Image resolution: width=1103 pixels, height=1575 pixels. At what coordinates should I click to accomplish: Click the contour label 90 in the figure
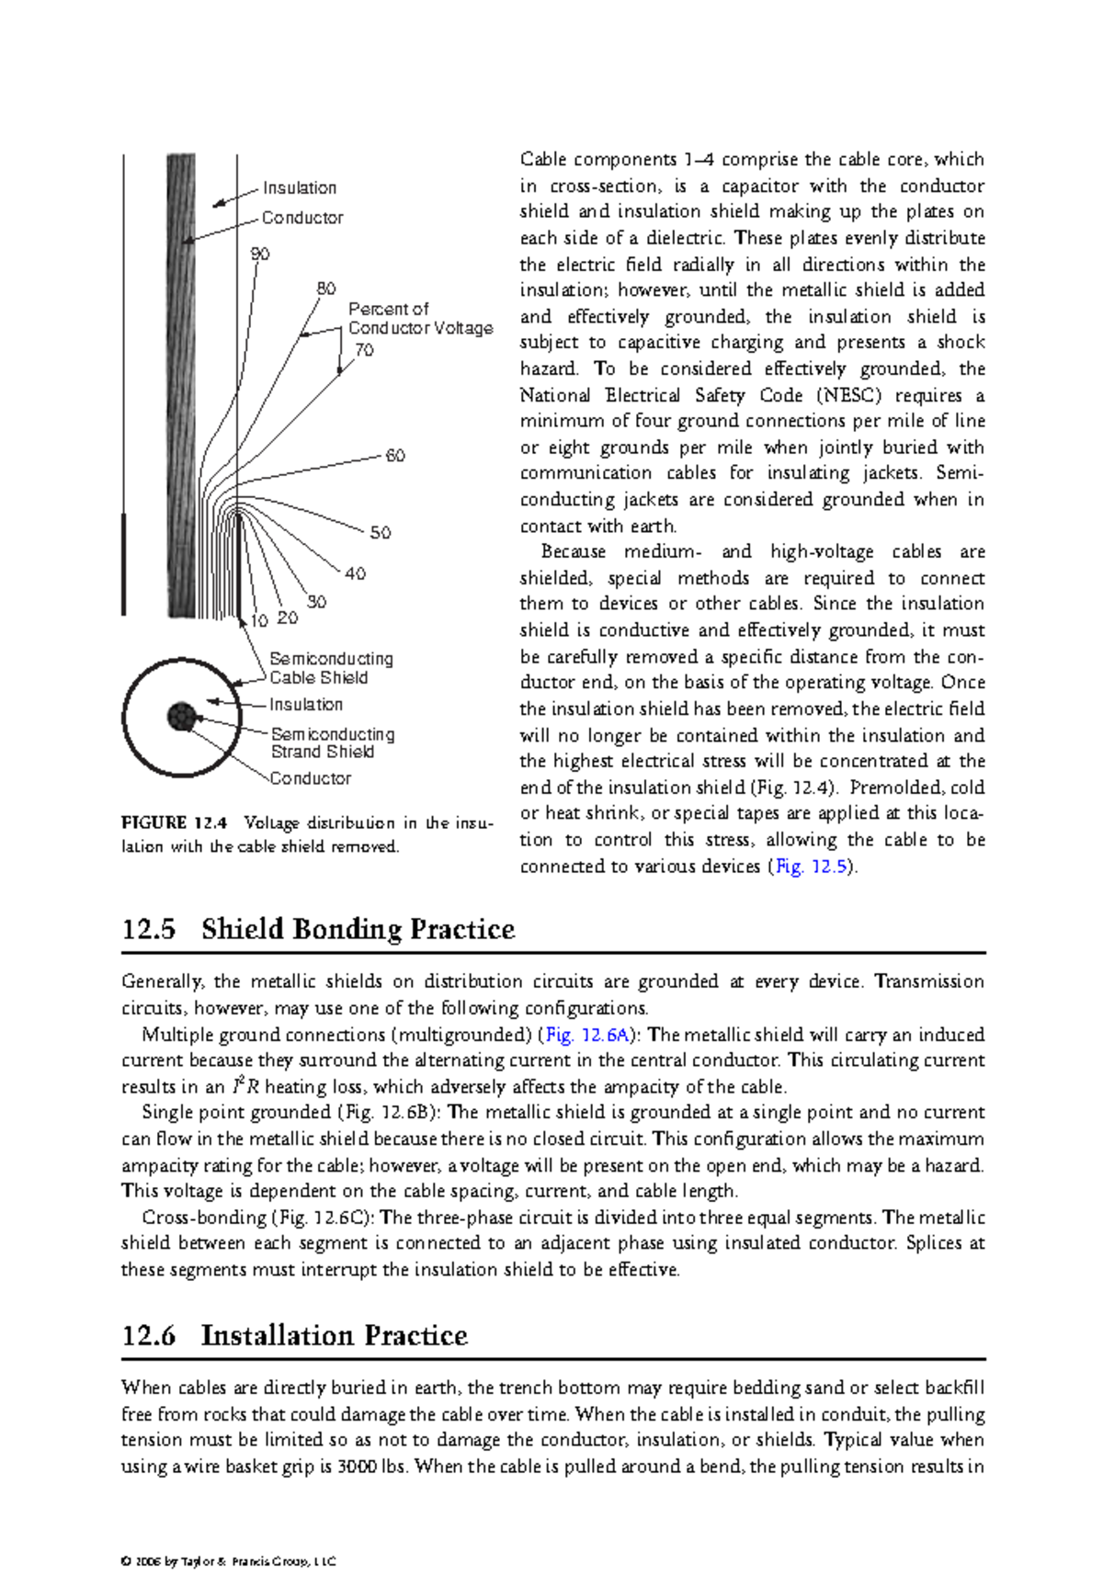260,254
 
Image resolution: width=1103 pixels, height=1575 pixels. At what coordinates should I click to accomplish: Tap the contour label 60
395,456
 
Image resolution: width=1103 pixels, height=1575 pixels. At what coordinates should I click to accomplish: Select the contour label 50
381,533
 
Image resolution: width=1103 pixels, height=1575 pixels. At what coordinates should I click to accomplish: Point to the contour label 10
259,621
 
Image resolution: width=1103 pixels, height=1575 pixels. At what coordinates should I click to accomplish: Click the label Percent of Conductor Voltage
420,319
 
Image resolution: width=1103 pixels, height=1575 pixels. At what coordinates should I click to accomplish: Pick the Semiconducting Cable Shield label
331,668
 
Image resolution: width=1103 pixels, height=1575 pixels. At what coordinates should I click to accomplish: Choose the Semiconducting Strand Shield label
333,742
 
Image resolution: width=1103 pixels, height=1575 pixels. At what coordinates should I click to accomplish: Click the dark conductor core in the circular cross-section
181,717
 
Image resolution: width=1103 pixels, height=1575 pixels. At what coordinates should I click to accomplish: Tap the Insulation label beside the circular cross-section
306,705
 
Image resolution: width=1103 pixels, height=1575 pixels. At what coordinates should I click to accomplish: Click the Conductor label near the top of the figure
302,218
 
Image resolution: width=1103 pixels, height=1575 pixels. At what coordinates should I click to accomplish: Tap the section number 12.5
148,929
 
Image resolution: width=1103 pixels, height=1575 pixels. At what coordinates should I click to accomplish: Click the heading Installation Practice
334,1335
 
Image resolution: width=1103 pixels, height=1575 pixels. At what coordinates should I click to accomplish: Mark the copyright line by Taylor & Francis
229,1561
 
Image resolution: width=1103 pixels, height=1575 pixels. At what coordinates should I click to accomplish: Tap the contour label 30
316,602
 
